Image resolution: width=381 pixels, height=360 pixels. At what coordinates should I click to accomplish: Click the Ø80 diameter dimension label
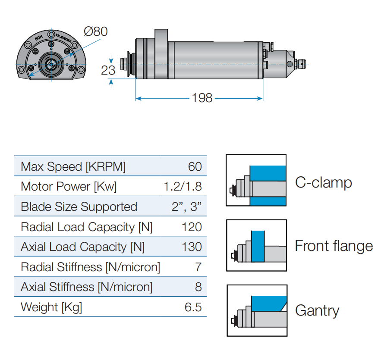(95, 31)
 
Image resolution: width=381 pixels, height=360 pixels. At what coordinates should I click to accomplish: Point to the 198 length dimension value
(202, 98)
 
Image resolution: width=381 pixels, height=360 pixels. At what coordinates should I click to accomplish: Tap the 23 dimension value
(108, 70)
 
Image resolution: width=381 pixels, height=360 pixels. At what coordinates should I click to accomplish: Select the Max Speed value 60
(195, 167)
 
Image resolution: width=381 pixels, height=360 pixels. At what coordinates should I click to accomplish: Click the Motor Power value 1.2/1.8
(183, 187)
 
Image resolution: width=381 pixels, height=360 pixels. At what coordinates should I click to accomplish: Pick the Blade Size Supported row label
(79, 207)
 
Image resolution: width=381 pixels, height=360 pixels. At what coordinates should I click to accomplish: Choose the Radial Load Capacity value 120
(192, 227)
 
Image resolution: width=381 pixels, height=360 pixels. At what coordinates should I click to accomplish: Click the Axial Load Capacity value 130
(192, 247)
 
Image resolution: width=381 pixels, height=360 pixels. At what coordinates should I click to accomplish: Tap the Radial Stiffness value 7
(198, 267)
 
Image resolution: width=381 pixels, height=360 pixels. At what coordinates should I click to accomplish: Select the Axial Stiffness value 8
(198, 287)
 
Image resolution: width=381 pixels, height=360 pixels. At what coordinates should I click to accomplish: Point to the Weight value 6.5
(193, 307)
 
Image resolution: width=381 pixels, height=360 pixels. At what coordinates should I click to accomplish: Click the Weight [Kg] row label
(51, 307)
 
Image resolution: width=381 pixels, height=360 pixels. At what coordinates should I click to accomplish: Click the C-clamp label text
(323, 182)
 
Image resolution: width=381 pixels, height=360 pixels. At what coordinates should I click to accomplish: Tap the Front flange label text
(334, 246)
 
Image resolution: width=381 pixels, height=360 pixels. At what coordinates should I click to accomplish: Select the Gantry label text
(317, 310)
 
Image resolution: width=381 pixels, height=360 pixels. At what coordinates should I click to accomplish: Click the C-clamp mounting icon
(256, 180)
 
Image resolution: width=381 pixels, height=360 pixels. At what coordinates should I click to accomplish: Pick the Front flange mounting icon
(256, 245)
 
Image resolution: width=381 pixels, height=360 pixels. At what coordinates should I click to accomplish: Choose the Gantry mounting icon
(256, 310)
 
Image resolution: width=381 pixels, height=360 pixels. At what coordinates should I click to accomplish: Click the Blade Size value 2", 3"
(186, 207)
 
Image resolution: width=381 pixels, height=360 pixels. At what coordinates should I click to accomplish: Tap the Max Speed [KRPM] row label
(73, 167)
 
